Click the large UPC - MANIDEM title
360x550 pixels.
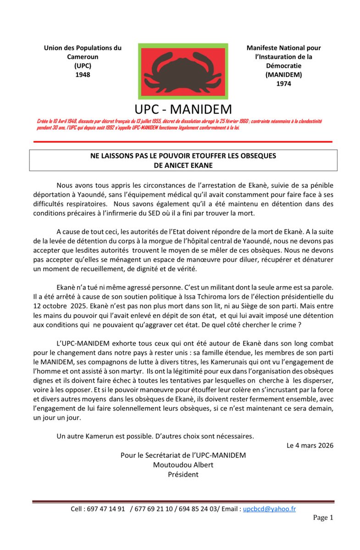click(x=183, y=109)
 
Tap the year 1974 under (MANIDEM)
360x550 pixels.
click(x=283, y=83)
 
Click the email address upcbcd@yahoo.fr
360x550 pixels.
click(x=269, y=509)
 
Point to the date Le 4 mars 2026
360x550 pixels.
click(x=310, y=445)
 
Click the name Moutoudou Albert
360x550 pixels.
click(x=183, y=465)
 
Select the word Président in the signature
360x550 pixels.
click(x=183, y=474)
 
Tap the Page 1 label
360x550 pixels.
click(x=323, y=517)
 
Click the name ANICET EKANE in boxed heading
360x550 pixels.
click(x=183, y=165)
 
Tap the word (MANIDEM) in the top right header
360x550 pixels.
click(x=283, y=75)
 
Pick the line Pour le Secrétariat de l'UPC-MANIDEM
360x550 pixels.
click(x=183, y=455)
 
